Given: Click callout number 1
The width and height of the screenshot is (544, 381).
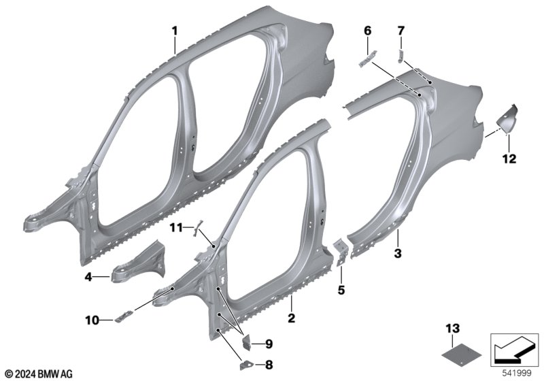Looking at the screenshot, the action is [x=175, y=31].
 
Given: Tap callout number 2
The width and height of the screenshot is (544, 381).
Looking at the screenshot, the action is [x=292, y=318].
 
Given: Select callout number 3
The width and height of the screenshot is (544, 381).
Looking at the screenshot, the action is [x=398, y=253].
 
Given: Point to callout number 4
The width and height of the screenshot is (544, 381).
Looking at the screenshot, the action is [x=89, y=278].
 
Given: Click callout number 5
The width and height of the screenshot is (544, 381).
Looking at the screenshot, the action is [x=341, y=290].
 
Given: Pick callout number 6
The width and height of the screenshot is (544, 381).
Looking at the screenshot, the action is [x=367, y=31].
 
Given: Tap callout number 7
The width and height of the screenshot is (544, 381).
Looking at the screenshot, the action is [x=401, y=31].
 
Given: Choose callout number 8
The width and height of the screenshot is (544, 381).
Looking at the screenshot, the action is [x=269, y=365].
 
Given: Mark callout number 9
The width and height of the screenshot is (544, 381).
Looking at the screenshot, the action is [x=269, y=344].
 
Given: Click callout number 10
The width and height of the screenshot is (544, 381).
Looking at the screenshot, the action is [x=92, y=320].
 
